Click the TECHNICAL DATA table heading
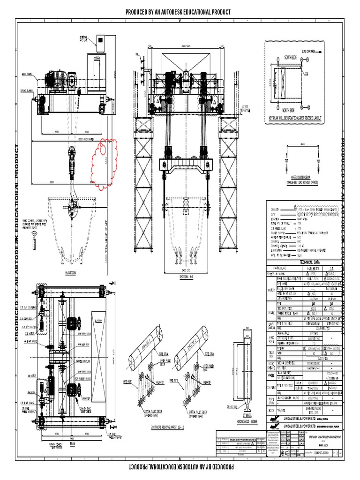tap(302, 263)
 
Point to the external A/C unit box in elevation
tap(101, 43)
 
